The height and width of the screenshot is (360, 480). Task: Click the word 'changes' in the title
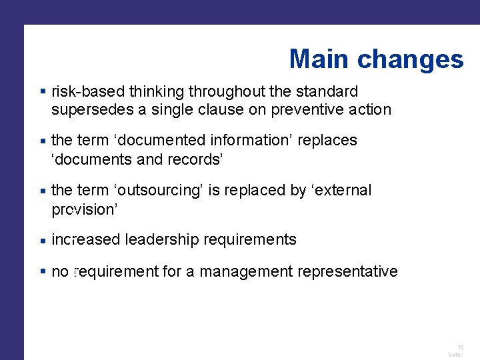coord(410,59)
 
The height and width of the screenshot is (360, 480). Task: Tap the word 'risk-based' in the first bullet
coord(89,91)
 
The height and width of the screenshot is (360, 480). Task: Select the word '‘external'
coord(341,191)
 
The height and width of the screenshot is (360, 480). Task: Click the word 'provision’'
coord(85,209)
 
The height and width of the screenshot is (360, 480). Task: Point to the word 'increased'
coord(85,240)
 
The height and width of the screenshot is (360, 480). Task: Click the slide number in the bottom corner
coord(460,347)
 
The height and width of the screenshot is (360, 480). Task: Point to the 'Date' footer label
coord(455,355)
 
